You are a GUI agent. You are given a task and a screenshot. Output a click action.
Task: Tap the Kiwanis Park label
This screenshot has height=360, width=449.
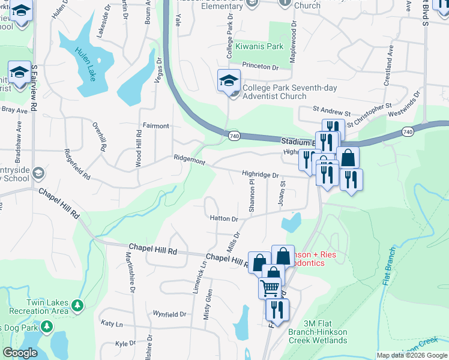click(259, 46)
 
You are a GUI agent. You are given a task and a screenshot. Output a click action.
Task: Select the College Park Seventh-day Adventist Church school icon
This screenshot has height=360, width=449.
click(229, 80)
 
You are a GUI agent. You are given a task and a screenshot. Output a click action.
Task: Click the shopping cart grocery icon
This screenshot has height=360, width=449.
click(270, 288)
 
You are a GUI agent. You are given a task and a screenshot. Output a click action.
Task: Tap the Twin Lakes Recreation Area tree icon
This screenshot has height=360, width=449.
click(77, 305)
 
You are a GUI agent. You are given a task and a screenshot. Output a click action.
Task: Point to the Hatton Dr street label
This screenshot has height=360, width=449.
click(224, 219)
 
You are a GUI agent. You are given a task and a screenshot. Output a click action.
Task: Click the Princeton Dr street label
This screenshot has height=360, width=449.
click(261, 66)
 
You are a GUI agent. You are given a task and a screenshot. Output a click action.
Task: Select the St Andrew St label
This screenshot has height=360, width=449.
click(331, 112)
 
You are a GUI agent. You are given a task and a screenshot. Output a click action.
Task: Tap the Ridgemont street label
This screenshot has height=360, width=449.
click(189, 162)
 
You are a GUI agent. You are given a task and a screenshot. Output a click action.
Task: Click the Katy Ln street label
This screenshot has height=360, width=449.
click(112, 324)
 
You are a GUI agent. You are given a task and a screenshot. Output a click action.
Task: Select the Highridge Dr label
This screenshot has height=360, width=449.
click(261, 175)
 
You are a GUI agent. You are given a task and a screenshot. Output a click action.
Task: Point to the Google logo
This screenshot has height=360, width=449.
click(20, 352)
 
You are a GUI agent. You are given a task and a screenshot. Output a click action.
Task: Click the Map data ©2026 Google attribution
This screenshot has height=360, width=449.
click(411, 355)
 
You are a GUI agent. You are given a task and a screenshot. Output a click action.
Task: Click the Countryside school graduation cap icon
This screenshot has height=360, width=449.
click(38, 173)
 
